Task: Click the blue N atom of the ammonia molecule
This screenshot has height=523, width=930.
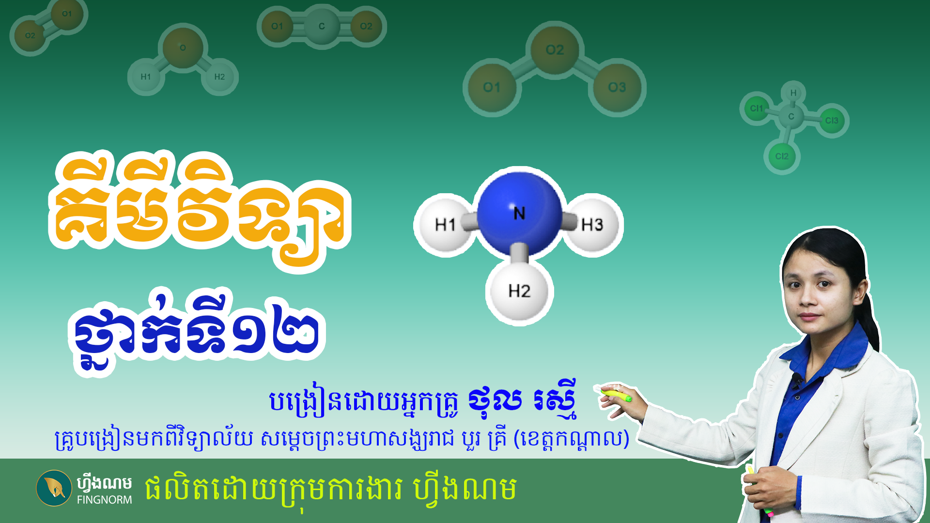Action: coord(519,214)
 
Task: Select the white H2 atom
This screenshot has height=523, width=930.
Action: coord(519,291)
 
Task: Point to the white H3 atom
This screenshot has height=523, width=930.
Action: coord(592,225)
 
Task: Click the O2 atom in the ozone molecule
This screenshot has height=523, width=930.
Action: coord(555,50)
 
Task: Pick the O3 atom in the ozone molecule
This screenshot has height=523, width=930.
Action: coord(617,88)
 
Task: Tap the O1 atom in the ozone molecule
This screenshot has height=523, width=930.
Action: coord(492,88)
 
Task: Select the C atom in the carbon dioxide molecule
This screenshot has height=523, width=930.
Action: coord(322,26)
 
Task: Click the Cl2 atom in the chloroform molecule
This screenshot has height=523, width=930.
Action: coord(782,156)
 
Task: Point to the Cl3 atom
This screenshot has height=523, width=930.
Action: coord(832,121)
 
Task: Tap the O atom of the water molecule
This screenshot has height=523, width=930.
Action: coord(183,47)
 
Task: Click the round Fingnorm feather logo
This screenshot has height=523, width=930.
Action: coord(54,488)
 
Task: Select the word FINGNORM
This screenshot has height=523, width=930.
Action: coord(104,500)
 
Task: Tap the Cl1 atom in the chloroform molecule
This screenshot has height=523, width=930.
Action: coord(756,108)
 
